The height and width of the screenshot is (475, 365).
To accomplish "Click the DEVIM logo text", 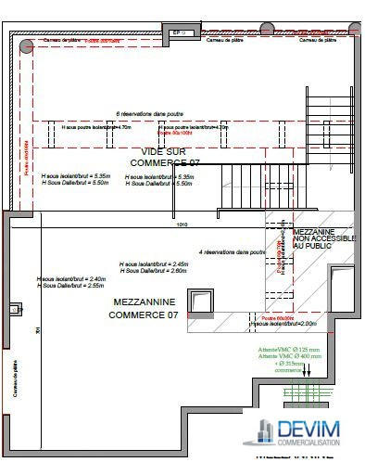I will pyautogui.click(x=308, y=430).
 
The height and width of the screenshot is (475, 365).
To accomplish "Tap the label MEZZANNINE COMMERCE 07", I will pyautogui.click(x=145, y=309).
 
